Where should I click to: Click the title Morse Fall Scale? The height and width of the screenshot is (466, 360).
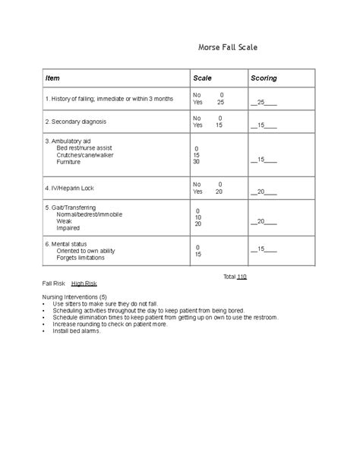click(227, 47)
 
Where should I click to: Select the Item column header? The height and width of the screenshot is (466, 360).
click(52, 78)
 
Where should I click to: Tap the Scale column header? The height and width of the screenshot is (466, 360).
click(202, 78)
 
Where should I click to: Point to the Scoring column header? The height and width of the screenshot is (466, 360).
click(264, 78)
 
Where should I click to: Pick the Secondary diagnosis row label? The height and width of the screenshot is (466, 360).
click(75, 122)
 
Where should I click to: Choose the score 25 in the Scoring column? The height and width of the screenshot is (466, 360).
click(264, 102)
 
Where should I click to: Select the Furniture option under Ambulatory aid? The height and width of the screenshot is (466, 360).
click(68, 162)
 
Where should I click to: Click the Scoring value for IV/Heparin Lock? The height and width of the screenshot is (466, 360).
click(264, 192)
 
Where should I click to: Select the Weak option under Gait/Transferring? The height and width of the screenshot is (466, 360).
click(65, 220)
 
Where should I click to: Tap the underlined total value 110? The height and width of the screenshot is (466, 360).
click(242, 277)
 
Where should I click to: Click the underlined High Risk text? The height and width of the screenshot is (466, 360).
click(84, 283)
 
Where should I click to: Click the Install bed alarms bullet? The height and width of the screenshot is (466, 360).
click(77, 332)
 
